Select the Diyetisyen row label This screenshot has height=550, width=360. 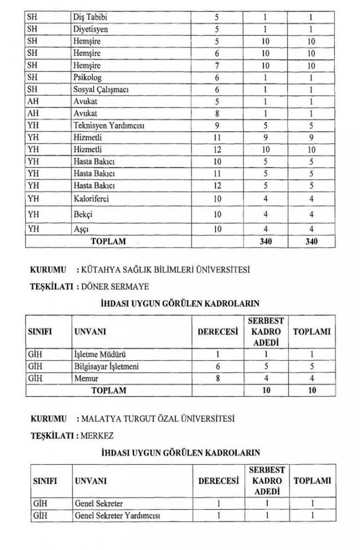pos(90,29)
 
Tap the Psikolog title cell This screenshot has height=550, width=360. pos(87,77)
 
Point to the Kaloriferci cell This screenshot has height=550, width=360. pos(91,199)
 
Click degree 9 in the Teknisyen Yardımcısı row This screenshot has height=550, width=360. pos(217,125)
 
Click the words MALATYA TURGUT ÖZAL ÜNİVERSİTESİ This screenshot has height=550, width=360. pos(157,420)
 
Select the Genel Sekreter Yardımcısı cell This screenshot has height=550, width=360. pos(119,515)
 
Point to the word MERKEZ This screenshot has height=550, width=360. pos(99,435)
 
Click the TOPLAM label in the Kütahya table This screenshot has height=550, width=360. pos(109,390)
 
